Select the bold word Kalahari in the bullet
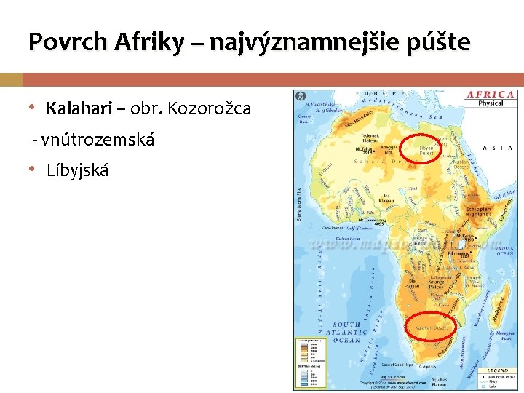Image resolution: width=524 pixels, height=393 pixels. click(78, 109)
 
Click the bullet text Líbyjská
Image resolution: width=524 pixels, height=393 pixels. click(77, 171)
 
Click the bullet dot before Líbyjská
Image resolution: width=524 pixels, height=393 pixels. click(31, 170)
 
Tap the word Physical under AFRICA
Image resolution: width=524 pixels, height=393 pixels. click(491, 103)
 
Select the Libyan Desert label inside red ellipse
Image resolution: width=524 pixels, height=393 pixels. click(426, 150)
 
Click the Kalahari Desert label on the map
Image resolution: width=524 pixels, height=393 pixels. click(429, 328)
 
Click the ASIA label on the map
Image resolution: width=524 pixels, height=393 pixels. click(498, 148)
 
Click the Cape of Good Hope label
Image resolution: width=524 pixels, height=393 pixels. click(399, 364)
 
